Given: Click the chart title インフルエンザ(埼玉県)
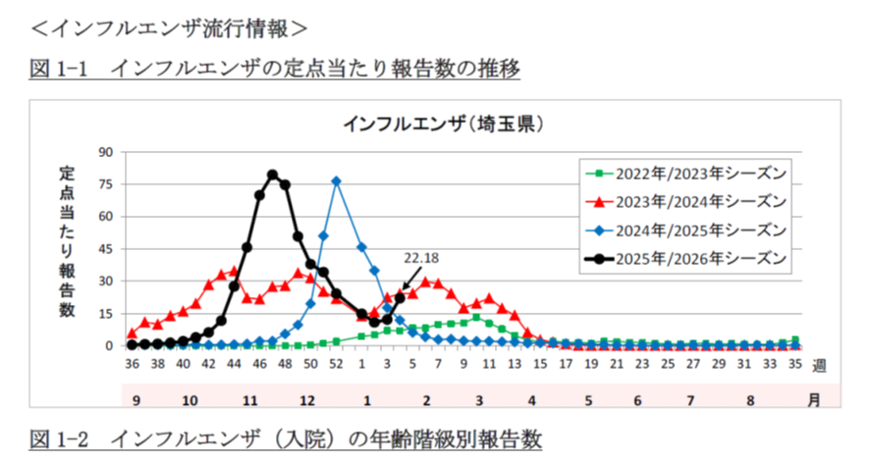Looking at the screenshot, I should tap(443, 125).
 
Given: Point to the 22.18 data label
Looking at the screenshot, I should tap(420, 258).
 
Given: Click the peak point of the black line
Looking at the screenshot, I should tap(272, 175).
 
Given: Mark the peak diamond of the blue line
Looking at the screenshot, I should tap(336, 180).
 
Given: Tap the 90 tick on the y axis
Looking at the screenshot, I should tap(106, 152).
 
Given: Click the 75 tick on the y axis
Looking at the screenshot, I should tap(106, 184).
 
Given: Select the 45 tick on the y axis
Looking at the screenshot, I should tap(106, 248).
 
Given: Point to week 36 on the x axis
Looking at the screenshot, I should tap(132, 365).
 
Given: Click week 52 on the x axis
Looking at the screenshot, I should tap(336, 365).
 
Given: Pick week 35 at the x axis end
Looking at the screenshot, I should tap(795, 365).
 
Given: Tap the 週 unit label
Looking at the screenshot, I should tap(820, 365).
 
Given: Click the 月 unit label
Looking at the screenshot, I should tap(815, 400).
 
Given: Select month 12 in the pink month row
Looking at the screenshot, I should tap(307, 400).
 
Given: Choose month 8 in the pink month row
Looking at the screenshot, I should tap(749, 400).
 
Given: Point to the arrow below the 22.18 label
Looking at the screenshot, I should tap(407, 280).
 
